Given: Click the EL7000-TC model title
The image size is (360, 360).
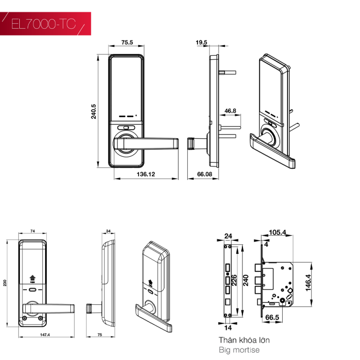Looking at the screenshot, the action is (x=43, y=24).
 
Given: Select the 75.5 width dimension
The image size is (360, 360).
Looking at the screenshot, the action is (x=127, y=42).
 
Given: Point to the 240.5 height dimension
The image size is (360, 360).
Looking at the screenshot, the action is (x=94, y=112).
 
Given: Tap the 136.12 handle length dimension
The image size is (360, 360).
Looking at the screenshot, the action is (x=146, y=174).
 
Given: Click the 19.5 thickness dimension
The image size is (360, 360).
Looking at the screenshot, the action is (x=201, y=42).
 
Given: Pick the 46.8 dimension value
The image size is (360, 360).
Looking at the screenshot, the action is (x=230, y=111).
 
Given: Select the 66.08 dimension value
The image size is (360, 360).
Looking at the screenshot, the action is (x=205, y=174).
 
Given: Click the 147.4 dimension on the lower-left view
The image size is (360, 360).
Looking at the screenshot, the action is (x=45, y=335).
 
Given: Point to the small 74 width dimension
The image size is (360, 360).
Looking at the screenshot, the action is (x=32, y=231).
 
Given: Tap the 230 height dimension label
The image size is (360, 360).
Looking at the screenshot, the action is (x=5, y=283).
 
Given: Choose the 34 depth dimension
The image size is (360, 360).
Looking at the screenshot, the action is (x=108, y=231).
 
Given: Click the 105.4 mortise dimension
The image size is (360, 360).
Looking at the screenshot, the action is (x=277, y=232).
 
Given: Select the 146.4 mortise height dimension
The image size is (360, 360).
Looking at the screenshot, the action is (x=308, y=283).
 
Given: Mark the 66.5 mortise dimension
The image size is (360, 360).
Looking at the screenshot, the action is (x=272, y=318).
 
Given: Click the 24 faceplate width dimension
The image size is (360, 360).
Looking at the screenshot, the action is (x=228, y=236).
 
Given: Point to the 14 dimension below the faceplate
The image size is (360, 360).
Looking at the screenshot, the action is (x=228, y=328).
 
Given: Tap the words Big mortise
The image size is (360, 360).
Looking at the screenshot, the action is (x=239, y=350).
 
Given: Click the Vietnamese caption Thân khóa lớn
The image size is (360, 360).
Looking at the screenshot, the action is (x=244, y=340).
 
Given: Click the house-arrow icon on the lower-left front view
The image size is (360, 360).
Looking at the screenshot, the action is (x=32, y=278).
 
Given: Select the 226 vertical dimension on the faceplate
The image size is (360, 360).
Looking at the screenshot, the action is (x=234, y=280).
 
